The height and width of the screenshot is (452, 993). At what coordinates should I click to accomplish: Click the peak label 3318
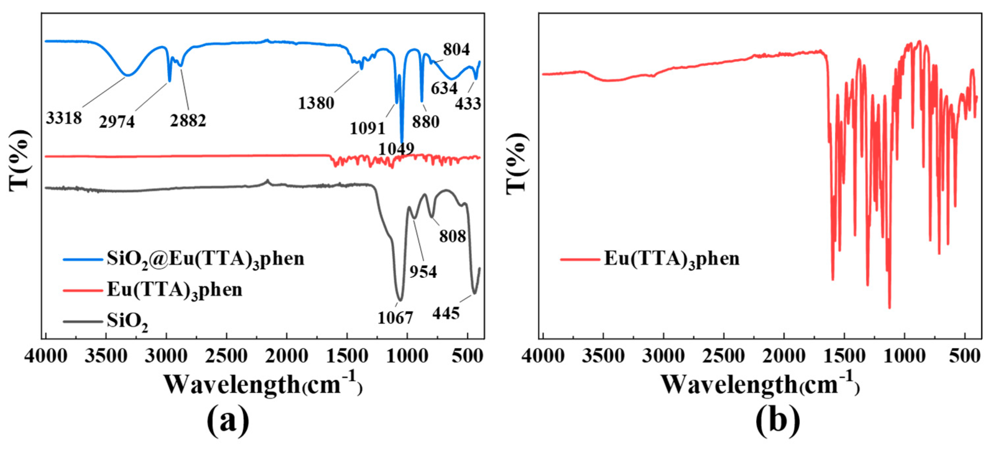[64, 118]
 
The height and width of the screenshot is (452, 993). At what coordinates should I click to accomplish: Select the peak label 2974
[117, 122]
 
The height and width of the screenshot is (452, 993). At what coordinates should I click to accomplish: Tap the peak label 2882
[188, 121]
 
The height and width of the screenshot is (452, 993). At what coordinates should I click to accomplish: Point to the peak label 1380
[316, 103]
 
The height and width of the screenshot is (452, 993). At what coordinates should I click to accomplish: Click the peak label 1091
[368, 129]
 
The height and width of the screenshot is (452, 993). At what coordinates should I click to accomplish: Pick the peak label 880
[426, 122]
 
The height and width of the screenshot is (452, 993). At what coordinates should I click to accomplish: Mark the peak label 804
[456, 50]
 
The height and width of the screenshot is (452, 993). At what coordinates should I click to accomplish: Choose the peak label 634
[444, 88]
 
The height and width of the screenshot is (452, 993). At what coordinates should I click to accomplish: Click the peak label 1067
[395, 318]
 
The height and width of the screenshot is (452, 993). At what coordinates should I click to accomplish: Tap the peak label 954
[423, 272]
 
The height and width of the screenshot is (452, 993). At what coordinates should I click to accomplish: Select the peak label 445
[446, 314]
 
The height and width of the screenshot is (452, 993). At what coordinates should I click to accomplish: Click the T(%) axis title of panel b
[517, 162]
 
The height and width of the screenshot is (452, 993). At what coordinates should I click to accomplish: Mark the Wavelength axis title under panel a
[263, 385]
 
